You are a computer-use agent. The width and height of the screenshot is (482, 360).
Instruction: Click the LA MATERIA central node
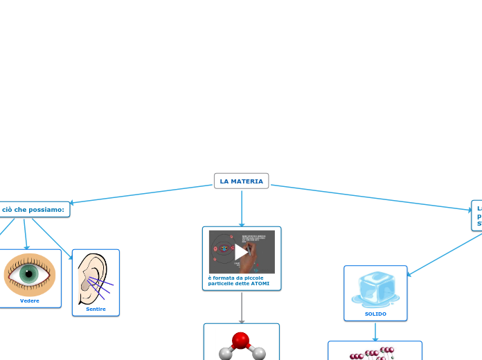point(241,181)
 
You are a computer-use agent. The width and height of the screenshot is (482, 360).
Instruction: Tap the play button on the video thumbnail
point(241,252)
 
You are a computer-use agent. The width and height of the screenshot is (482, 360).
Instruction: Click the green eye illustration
point(30,274)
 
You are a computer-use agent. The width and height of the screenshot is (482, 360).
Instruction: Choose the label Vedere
point(30,301)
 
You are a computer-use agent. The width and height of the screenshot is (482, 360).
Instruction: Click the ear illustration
point(93,278)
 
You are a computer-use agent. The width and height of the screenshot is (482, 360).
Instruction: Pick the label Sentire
point(96,309)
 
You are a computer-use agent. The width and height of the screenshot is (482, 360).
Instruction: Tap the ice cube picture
point(375,289)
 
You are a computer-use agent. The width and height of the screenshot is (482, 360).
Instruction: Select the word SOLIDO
point(375,314)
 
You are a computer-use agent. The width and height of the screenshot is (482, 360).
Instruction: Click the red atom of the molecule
point(240,341)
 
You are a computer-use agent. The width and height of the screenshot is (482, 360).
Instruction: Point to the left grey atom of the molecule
point(225,354)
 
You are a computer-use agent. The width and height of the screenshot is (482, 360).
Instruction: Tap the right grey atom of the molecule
point(258,354)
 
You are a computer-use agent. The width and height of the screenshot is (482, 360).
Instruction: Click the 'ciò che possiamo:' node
point(33,209)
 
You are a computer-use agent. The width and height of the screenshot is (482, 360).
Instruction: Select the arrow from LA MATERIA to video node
point(242,208)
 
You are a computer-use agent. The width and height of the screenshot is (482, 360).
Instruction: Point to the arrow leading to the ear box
point(53,239)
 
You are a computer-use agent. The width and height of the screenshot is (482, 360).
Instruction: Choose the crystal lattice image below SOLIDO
point(375,353)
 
